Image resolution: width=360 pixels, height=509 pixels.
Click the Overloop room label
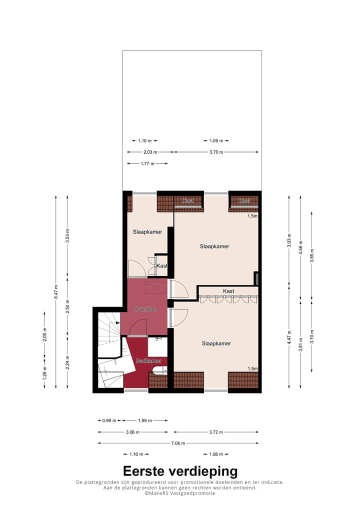tap(145, 309)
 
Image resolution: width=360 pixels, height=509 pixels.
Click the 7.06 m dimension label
tap(178, 443)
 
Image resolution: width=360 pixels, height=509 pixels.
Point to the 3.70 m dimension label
tap(216, 152)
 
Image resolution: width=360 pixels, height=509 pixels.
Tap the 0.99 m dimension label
tap(109, 420)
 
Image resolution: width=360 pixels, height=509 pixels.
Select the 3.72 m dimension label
tap(216, 432)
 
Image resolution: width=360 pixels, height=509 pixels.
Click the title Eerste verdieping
tap(180, 471)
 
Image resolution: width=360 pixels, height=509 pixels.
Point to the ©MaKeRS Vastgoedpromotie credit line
tap(180, 493)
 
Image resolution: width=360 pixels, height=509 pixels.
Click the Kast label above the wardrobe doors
tap(228, 291)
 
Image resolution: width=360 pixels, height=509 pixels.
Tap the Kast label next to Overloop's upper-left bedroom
tap(162, 266)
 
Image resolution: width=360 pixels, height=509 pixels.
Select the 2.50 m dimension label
tap(68, 305)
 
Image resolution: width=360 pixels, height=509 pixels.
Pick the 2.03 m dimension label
tap(150, 152)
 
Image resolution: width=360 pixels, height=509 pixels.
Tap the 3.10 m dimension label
tap(311, 333)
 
